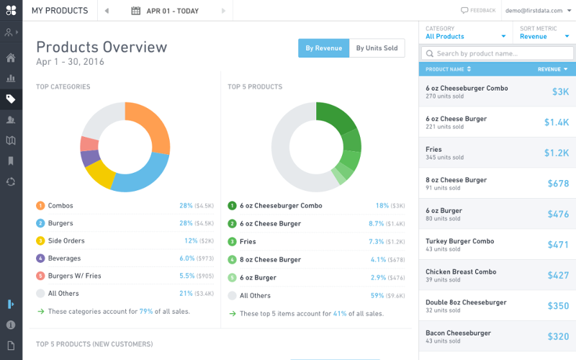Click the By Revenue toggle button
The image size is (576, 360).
(x=323, y=48)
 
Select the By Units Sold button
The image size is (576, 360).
(x=377, y=48)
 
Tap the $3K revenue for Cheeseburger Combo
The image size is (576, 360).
(x=559, y=92)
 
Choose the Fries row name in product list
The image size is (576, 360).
(x=434, y=149)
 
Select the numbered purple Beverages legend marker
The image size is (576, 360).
(x=40, y=258)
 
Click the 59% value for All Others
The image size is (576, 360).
(x=377, y=295)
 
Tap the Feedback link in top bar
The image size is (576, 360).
(x=478, y=11)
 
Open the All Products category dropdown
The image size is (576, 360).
(x=465, y=36)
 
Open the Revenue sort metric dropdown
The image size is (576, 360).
(x=543, y=36)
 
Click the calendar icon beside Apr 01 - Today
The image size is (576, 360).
(x=136, y=11)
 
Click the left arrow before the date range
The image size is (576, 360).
(x=107, y=11)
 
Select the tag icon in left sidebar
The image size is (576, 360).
(x=11, y=99)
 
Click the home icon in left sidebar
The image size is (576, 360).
(x=11, y=58)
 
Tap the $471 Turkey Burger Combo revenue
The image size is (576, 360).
(x=557, y=245)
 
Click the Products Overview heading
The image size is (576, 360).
(x=102, y=48)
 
